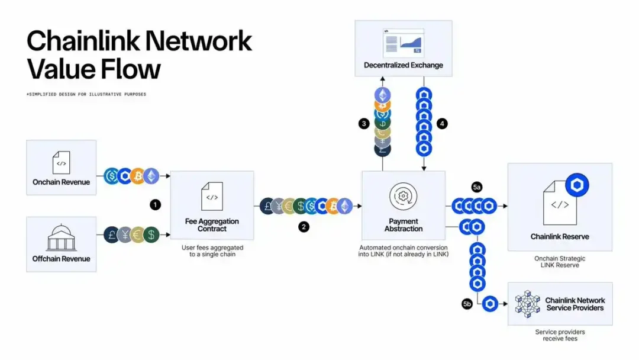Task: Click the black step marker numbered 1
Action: [x=155, y=204]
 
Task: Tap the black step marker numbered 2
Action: [x=304, y=227]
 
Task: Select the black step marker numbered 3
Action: [x=364, y=124]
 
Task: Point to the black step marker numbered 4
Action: [x=442, y=124]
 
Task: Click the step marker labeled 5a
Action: [x=477, y=187]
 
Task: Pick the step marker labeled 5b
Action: [x=467, y=304]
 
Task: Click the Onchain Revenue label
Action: [x=61, y=182]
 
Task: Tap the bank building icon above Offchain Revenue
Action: [x=61, y=239]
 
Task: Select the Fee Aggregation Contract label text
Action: [x=212, y=225]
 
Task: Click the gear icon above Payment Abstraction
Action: [x=404, y=195]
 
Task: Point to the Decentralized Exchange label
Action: [x=403, y=65]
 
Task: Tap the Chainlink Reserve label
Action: [x=559, y=237]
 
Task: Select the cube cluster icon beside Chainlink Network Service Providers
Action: [x=527, y=304]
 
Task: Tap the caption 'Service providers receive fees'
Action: [x=559, y=335]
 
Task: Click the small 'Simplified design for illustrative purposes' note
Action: [x=86, y=94]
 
